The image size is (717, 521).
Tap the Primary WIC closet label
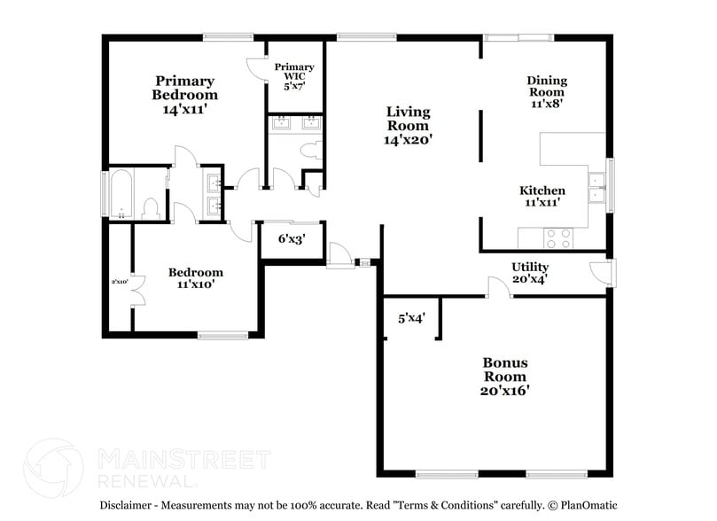pyautogui.click(x=293, y=77)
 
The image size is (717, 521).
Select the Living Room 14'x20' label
pyautogui.click(x=408, y=125)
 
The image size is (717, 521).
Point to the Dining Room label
pyautogui.click(x=547, y=91)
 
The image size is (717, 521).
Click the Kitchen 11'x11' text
pyautogui.click(x=542, y=196)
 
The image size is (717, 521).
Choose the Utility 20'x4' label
pyautogui.click(x=530, y=273)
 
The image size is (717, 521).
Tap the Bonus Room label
pyautogui.click(x=505, y=376)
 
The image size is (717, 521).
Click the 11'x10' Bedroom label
pyautogui.click(x=195, y=278)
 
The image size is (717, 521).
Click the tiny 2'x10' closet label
pyautogui.click(x=120, y=282)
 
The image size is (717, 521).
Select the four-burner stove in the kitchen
pyautogui.click(x=557, y=237)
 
